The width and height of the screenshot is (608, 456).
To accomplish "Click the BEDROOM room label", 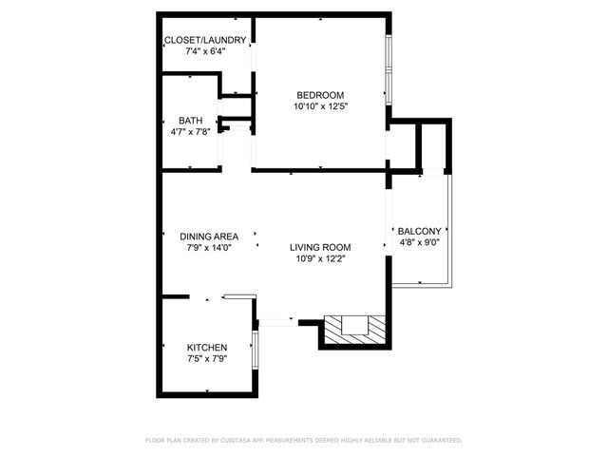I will (x=320, y=95).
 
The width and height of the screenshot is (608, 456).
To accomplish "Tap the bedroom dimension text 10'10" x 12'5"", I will (x=320, y=106).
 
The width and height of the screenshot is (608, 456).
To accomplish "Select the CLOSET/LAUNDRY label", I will (x=206, y=40).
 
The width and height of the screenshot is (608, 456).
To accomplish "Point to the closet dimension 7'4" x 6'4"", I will (x=206, y=51).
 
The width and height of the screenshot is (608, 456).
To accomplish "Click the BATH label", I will (x=190, y=121).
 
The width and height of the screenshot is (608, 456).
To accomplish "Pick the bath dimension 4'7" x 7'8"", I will (x=190, y=132).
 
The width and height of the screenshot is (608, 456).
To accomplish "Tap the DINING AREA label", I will (x=209, y=236).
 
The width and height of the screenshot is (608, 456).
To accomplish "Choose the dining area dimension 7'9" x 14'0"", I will (x=209, y=247).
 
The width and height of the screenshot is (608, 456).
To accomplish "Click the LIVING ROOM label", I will (x=320, y=247).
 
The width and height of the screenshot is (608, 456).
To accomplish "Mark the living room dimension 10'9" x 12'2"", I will (x=320, y=258).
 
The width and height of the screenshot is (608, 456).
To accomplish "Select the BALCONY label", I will (x=418, y=232).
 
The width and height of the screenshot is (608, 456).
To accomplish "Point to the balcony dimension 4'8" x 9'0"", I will (x=418, y=243).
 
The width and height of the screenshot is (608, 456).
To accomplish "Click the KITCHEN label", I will (x=206, y=348).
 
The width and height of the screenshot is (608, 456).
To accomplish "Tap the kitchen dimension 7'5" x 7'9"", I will (x=206, y=359).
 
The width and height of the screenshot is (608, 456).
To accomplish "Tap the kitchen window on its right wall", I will (x=255, y=351).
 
